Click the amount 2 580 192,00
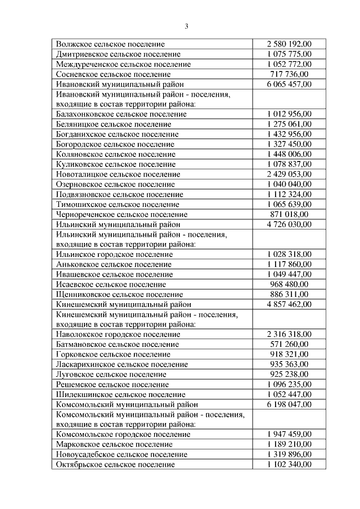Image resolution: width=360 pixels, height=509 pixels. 289,43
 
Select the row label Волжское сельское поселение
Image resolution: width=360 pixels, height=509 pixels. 110,43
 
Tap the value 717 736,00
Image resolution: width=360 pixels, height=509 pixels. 289,74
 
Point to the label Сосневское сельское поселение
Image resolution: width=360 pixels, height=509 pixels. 113,74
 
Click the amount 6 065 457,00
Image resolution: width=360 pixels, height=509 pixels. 289,84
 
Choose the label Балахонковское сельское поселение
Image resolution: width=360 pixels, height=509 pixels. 121,114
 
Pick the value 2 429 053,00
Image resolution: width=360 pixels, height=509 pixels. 289,174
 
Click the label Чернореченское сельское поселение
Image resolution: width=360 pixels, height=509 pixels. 121,214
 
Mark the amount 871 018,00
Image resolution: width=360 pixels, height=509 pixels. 289,214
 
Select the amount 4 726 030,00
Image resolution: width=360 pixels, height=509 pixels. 289,224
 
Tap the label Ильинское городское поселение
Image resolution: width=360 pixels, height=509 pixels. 115,254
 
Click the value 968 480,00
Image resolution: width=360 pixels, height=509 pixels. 289,284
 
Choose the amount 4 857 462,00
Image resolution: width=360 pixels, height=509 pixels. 289,304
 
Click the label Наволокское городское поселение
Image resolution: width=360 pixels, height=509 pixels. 118,334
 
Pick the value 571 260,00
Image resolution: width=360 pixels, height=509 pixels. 289,344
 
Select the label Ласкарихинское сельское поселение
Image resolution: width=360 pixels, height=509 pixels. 121,364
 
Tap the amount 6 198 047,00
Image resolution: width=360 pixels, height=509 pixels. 289,404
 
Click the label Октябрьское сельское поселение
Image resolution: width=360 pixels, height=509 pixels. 115,465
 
